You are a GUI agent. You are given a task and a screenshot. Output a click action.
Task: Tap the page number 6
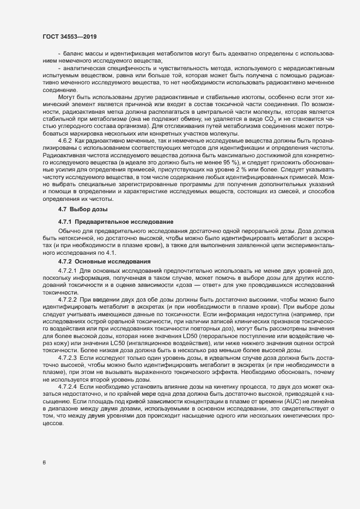coord(44,463)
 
